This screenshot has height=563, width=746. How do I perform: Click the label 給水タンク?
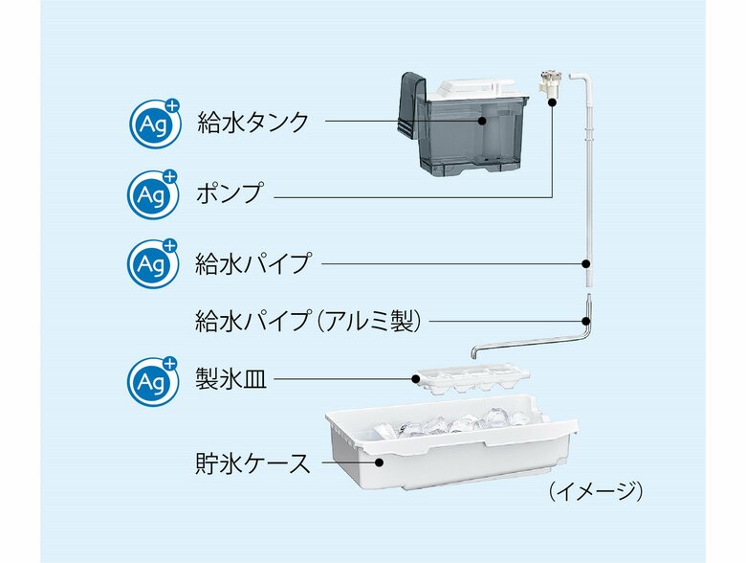[x=253, y=122]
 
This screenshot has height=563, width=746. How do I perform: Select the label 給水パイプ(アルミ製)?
[x=309, y=321]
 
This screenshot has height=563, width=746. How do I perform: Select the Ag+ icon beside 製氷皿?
[x=153, y=380]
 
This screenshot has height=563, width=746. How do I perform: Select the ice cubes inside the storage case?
[x=459, y=422]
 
